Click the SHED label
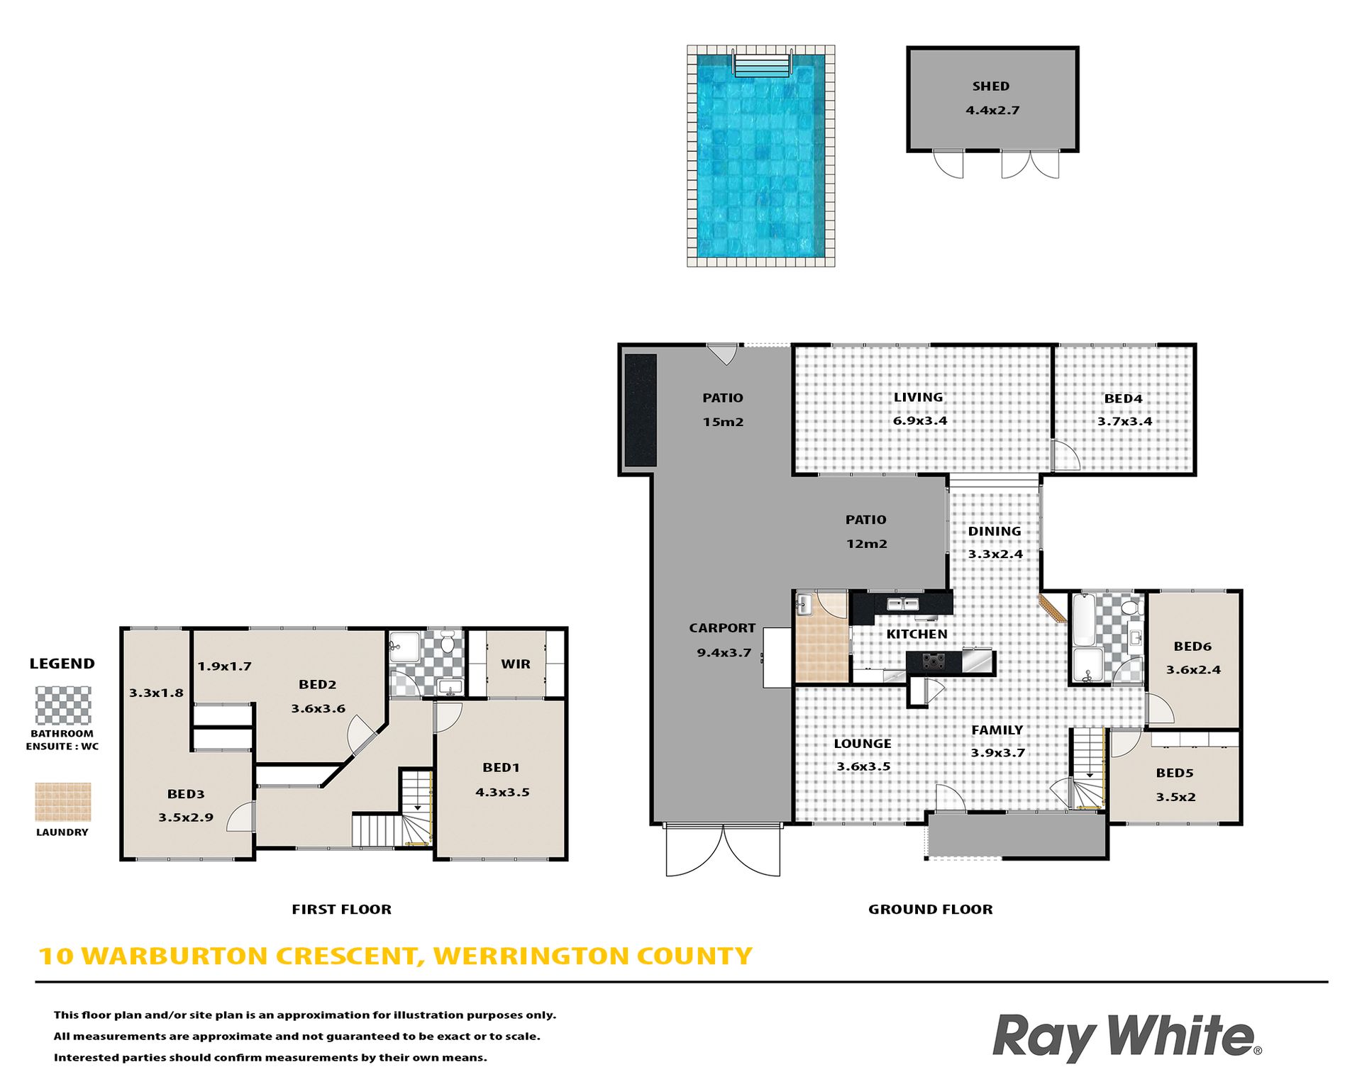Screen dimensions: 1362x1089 point(990,86)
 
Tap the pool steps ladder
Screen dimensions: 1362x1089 point(762,63)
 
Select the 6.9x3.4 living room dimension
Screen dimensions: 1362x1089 point(920,420)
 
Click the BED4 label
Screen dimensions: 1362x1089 point(1123,398)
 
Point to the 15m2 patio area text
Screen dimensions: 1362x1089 point(723,422)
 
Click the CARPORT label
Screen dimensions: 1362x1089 point(722,628)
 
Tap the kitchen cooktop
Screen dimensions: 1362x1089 point(934,661)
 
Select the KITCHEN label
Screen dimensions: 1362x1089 point(917,634)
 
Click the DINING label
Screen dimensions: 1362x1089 point(995,531)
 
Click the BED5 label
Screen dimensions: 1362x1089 point(1175,773)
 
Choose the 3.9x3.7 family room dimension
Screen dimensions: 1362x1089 point(997,753)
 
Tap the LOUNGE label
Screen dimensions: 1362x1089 point(863,743)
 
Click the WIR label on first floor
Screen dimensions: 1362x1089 point(516,664)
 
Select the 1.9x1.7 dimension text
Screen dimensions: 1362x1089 point(224,666)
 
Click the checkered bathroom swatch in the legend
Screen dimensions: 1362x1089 point(63,705)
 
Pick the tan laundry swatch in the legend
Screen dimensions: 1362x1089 point(63,802)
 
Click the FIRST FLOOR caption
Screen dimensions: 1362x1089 point(341,909)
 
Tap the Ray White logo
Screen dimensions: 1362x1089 point(1126,1037)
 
